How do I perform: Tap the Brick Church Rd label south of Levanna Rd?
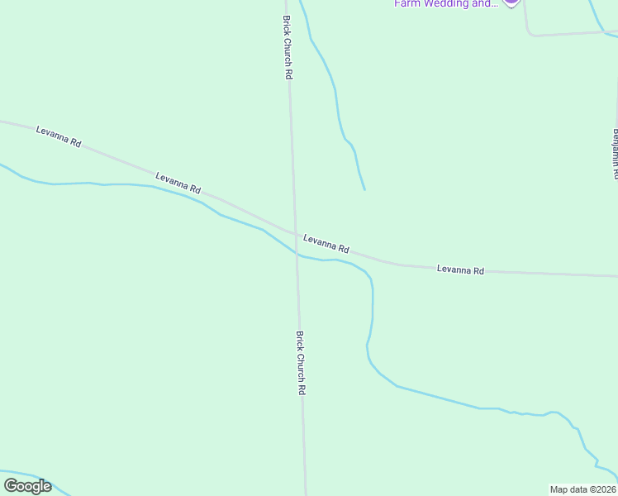click(x=302, y=363)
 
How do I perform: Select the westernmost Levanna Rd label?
click(x=59, y=136)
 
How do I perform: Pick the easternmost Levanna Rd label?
click(x=460, y=269)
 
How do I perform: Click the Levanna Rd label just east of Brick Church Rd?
click(x=326, y=243)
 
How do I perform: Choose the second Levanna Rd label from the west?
click(x=178, y=183)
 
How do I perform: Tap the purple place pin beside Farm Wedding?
click(x=511, y=2)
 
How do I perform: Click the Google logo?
click(x=27, y=486)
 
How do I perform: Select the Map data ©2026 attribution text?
click(x=583, y=489)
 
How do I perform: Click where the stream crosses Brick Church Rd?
click(x=297, y=255)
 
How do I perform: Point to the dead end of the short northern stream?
click(x=364, y=189)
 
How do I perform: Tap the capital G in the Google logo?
click(x=11, y=486)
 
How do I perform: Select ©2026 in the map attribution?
click(x=601, y=489)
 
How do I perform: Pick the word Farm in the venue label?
click(x=406, y=4)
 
